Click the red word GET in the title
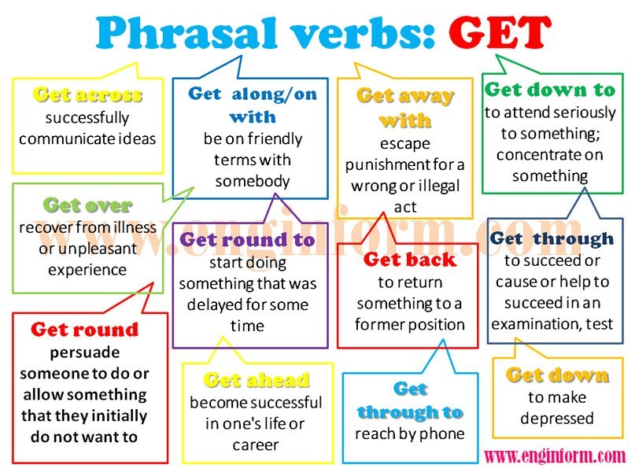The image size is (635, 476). click(500, 31)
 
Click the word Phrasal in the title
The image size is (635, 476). click(187, 33)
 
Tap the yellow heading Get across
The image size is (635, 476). click(87, 94)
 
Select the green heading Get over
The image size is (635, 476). click(87, 205)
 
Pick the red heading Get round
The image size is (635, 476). click(85, 330)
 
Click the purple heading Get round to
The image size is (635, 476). click(247, 240)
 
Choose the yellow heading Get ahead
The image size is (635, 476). click(257, 380)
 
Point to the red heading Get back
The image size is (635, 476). click(410, 260)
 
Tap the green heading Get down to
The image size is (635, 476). click(550, 90)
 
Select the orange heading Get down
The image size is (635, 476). click(557, 375)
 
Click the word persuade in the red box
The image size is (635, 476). click(85, 352)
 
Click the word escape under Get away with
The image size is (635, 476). click(405, 144)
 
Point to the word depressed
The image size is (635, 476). click(557, 419)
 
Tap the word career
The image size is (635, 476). click(256, 445)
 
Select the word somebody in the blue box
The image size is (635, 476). click(253, 181)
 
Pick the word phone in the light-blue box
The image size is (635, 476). click(444, 434)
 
